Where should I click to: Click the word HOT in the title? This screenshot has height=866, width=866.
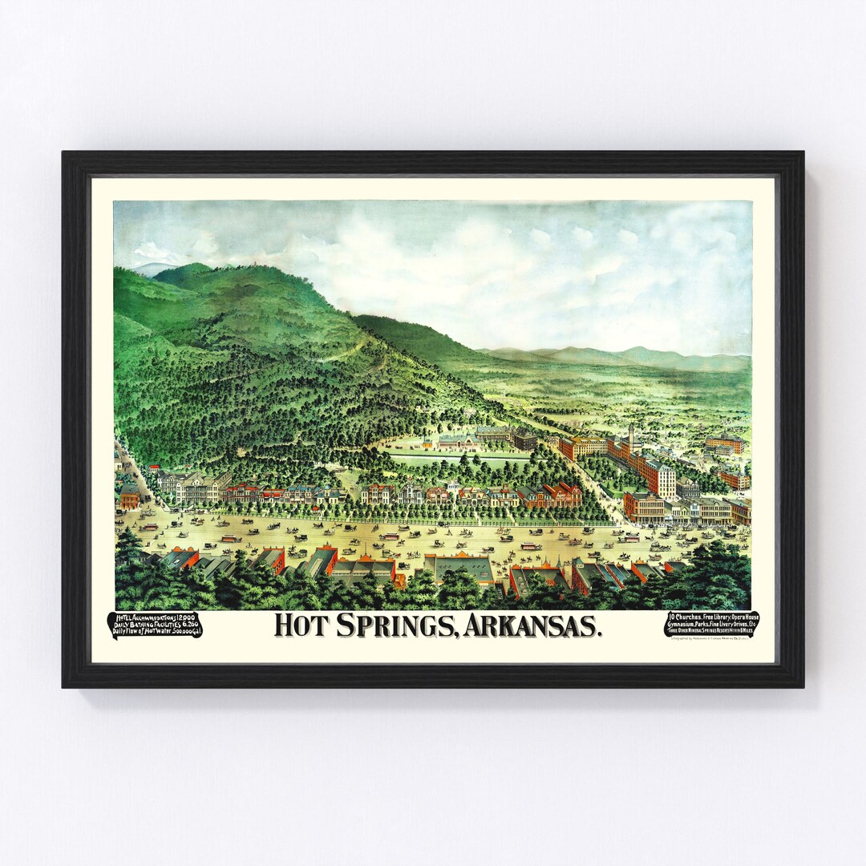tap(301, 625)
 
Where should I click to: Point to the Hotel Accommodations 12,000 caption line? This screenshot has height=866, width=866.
tap(155, 617)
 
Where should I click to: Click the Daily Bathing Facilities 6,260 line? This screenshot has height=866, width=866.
tap(155, 625)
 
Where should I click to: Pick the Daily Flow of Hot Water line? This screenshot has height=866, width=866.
tap(155, 633)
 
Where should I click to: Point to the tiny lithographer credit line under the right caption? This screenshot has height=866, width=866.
tap(710, 641)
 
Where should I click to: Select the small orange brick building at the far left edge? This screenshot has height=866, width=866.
tap(128, 497)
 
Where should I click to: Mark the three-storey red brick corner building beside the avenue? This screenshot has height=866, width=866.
tap(643, 506)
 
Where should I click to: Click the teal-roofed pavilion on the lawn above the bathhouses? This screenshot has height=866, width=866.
tap(459, 441)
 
